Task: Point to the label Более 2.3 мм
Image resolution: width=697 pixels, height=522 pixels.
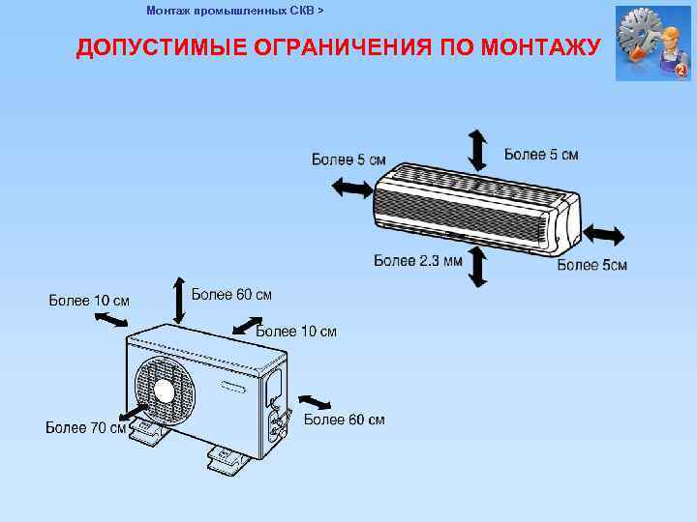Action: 418,260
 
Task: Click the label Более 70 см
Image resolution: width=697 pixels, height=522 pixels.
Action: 86,428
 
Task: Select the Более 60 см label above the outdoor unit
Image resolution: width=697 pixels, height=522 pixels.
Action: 231,294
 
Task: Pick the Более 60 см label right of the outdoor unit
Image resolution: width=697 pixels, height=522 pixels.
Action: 344,420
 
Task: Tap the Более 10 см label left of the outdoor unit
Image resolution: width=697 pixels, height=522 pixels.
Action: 89,300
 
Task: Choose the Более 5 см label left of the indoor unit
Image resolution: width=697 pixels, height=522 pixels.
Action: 348,159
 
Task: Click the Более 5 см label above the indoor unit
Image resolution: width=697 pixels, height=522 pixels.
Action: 541,154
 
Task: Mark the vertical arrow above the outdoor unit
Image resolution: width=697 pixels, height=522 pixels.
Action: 178,300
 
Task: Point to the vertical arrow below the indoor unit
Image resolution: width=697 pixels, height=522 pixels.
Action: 477,267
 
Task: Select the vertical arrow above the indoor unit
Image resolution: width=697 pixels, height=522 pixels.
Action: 477,149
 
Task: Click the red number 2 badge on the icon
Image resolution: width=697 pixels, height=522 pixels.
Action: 681,71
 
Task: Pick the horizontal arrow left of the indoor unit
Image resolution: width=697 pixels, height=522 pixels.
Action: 350,188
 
